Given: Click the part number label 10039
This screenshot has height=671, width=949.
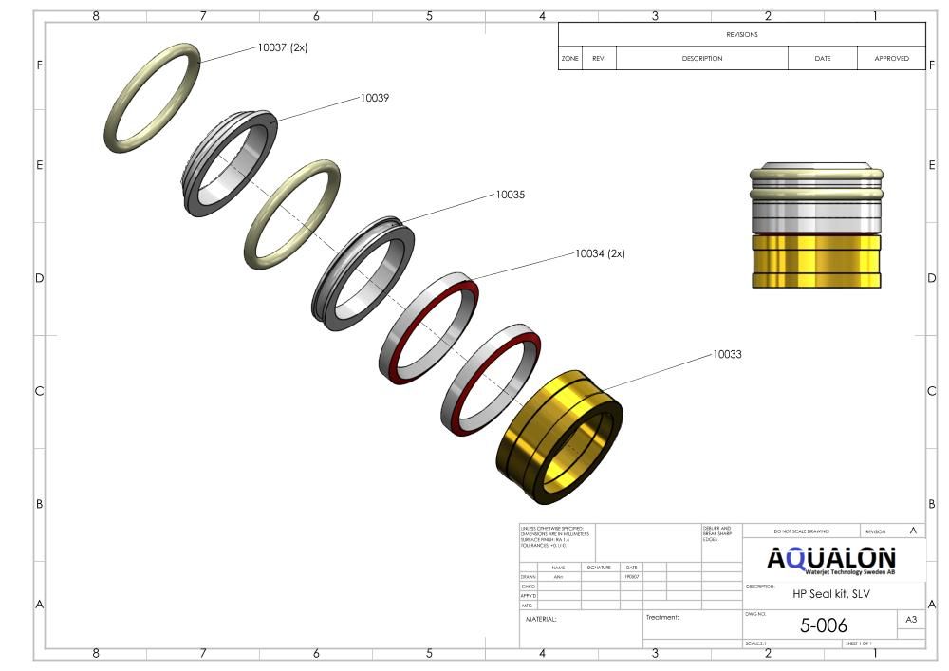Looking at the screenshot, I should pyautogui.click(x=374, y=98).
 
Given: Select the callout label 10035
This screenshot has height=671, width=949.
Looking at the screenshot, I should pyautogui.click(x=510, y=195).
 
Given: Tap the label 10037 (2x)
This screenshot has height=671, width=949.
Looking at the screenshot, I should pyautogui.click(x=282, y=47).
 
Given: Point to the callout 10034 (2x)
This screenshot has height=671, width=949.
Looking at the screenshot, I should pyautogui.click(x=600, y=253).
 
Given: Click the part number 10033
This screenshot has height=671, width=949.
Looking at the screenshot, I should pyautogui.click(x=727, y=354).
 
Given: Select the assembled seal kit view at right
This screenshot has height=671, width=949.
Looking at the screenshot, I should pyautogui.click(x=816, y=228).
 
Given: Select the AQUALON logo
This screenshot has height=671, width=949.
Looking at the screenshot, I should pyautogui.click(x=831, y=559).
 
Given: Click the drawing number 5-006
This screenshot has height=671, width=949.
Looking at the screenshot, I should pyautogui.click(x=823, y=625).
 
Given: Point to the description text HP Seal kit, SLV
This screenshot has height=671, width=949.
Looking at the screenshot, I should pyautogui.click(x=830, y=594).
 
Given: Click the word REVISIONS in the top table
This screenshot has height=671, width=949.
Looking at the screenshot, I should pyautogui.click(x=741, y=34).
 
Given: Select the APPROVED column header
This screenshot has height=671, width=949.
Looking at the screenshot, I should pyautogui.click(x=891, y=58).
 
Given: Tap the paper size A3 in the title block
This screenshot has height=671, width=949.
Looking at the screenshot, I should pyautogui.click(x=911, y=621).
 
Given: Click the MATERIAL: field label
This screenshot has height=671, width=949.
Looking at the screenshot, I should pyautogui.click(x=541, y=618).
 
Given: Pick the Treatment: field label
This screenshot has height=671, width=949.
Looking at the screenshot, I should pyautogui.click(x=662, y=617).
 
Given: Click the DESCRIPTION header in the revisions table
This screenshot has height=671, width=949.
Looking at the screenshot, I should pyautogui.click(x=701, y=58).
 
